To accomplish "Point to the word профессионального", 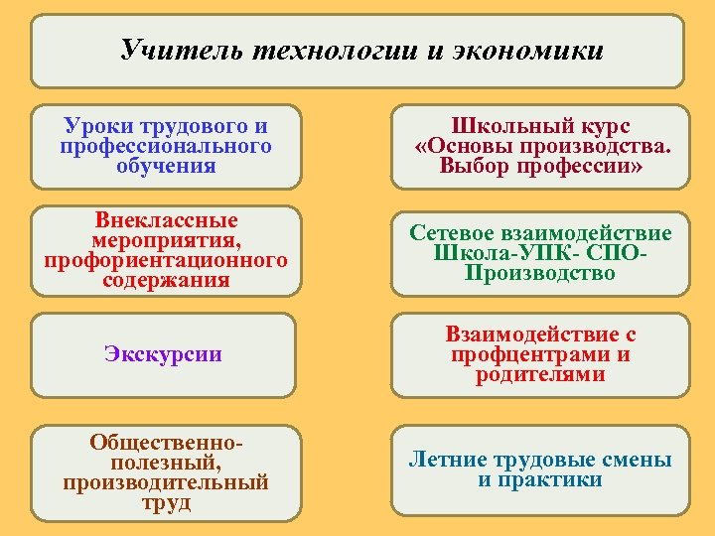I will point(166,146).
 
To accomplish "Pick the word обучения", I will point(166,166).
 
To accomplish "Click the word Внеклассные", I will point(166,220).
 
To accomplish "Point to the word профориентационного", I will point(166,260).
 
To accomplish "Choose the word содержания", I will point(166,280).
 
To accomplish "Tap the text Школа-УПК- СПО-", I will point(540,253).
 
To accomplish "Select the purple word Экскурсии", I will point(163,354).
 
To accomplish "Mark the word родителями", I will point(540,374).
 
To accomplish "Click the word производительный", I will point(166,482).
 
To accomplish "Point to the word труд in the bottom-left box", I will point(166,502).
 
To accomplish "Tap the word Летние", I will point(448,461).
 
